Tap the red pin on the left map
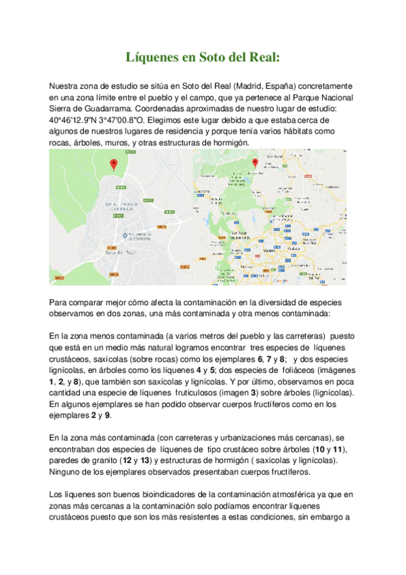click(114, 164)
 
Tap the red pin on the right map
click(256, 163)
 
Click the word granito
click(104, 460)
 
